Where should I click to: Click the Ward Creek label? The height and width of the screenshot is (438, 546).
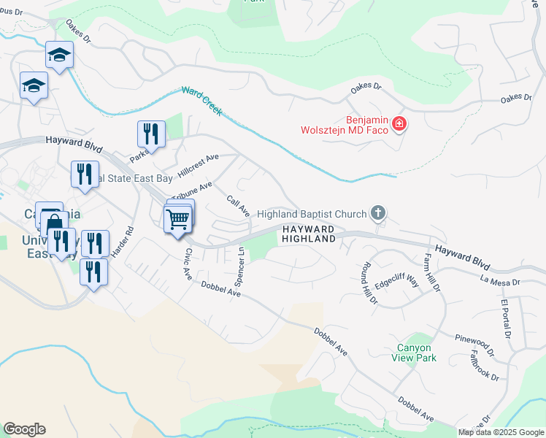(202, 102)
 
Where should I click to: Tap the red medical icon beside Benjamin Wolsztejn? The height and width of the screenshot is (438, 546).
(399, 124)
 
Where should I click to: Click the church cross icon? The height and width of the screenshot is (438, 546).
(377, 213)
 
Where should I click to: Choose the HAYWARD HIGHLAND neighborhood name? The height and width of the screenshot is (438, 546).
(308, 234)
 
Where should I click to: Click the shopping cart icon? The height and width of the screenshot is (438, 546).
(177, 219)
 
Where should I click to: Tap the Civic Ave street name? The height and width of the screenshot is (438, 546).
(188, 264)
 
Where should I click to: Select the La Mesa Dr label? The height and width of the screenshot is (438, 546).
(500, 280)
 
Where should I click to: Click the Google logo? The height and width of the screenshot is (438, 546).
(24, 429)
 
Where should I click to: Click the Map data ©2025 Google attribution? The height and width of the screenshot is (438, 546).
(501, 432)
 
